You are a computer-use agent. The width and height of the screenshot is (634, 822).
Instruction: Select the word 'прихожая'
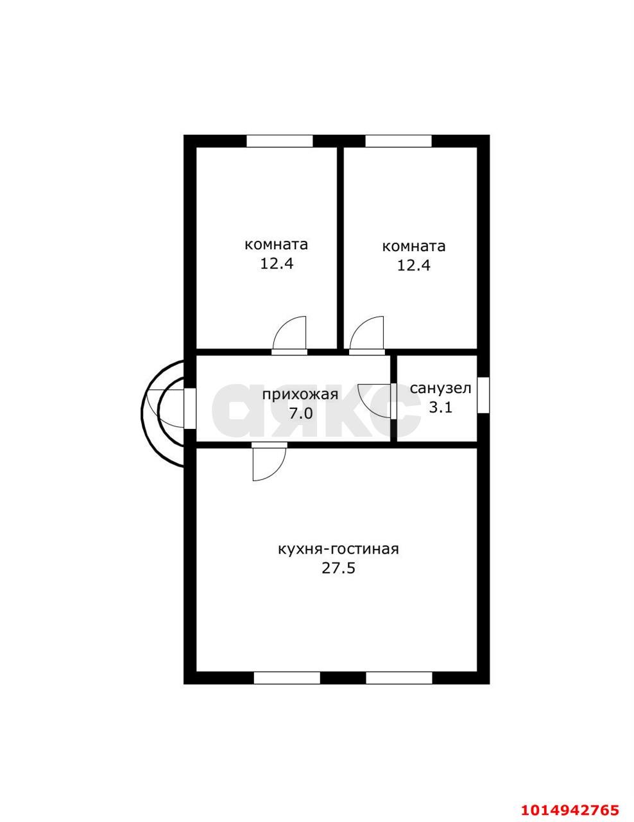click(300, 395)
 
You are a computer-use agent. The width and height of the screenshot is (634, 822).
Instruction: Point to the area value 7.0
click(301, 414)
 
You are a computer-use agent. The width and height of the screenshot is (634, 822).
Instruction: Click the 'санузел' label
click(441, 389)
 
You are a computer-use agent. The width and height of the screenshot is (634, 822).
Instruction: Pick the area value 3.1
click(441, 408)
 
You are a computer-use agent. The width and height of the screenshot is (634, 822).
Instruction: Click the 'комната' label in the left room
click(276, 245)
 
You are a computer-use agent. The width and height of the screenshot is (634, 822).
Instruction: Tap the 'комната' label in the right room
click(414, 247)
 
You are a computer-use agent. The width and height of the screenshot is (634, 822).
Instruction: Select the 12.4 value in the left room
click(277, 264)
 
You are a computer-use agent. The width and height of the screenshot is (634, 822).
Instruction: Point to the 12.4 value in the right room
click(413, 266)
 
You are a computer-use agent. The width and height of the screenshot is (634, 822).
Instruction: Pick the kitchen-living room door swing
click(278, 473)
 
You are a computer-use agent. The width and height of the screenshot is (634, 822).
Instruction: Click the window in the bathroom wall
click(483, 395)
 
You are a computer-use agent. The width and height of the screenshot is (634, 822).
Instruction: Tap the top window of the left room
click(280, 141)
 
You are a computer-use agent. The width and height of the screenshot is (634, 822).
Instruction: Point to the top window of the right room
click(398, 141)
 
